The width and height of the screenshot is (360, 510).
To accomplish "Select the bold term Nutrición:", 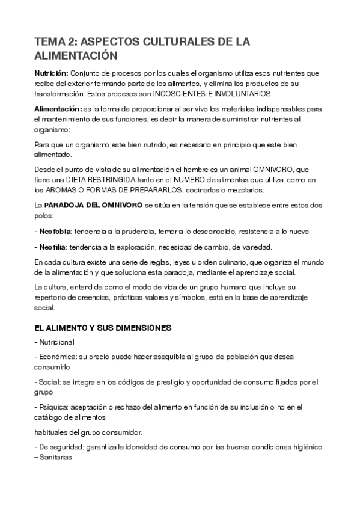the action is (51, 73).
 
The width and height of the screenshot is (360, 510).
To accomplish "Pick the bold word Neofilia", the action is (53, 247).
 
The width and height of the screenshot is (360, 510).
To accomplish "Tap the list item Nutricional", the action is (56, 342).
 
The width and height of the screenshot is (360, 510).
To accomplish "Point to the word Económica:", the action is (59, 356).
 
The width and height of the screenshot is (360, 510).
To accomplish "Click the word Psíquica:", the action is (54, 408).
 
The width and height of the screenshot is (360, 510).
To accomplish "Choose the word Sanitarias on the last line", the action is (56, 457).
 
